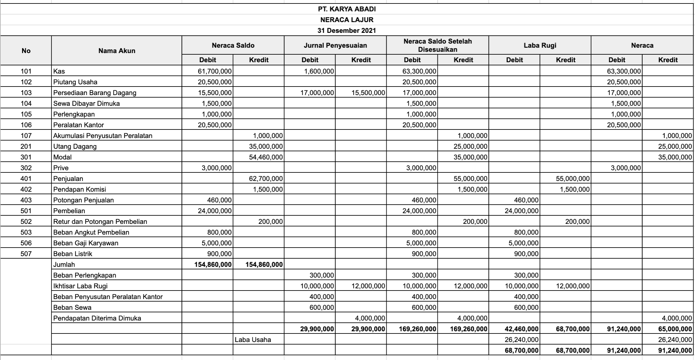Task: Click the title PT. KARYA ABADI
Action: tap(347, 9)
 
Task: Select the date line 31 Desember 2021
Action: tap(347, 31)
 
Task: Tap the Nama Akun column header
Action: tap(117, 51)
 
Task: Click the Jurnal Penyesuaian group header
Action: tap(335, 45)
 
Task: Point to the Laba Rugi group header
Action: tap(540, 45)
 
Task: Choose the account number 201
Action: tap(26, 146)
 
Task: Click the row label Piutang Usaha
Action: tap(75, 82)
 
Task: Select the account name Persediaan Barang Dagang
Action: tap(95, 93)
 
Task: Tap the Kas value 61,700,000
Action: tap(215, 71)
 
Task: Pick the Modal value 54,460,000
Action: tap(266, 157)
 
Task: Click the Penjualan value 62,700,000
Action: tap(266, 179)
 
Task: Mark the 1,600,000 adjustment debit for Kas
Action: tap(319, 71)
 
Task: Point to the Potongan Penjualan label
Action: tap(83, 200)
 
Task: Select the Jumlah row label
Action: tap(64, 265)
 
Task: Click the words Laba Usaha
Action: tap(253, 340)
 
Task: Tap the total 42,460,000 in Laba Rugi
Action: tap(521, 329)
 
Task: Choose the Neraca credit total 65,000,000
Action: tap(675, 329)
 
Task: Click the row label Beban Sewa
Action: tap(72, 308)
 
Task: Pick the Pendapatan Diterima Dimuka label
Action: tap(97, 318)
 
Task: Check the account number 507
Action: tap(26, 254)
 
